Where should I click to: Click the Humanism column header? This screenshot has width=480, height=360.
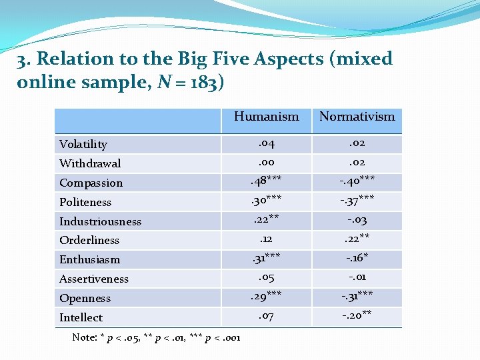tap(266, 117)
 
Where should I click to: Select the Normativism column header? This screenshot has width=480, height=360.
tap(357, 117)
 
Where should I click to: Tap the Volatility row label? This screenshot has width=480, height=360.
tap(83, 144)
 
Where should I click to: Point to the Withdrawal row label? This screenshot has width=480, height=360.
tap(90, 163)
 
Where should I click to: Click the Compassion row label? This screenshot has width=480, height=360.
tap(91, 183)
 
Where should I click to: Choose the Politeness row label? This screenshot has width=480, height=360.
tap(85, 202)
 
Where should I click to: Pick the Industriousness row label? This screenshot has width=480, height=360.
tap(101, 221)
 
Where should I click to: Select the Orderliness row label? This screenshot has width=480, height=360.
tap(89, 240)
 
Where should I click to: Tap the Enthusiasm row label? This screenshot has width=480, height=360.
tap(90, 259)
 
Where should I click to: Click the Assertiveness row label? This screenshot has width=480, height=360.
tap(94, 279)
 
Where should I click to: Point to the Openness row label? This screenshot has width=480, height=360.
tap(85, 298)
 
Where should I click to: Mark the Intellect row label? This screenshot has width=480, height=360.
tap(81, 317)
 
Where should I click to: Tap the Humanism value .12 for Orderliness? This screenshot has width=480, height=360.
tap(266, 239)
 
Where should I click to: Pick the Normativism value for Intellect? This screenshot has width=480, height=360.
tap(357, 316)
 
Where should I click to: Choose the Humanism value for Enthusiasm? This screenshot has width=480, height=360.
tap(266, 258)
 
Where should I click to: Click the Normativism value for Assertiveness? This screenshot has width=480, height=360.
tap(357, 277)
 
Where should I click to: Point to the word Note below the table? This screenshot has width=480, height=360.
tap(84, 337)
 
